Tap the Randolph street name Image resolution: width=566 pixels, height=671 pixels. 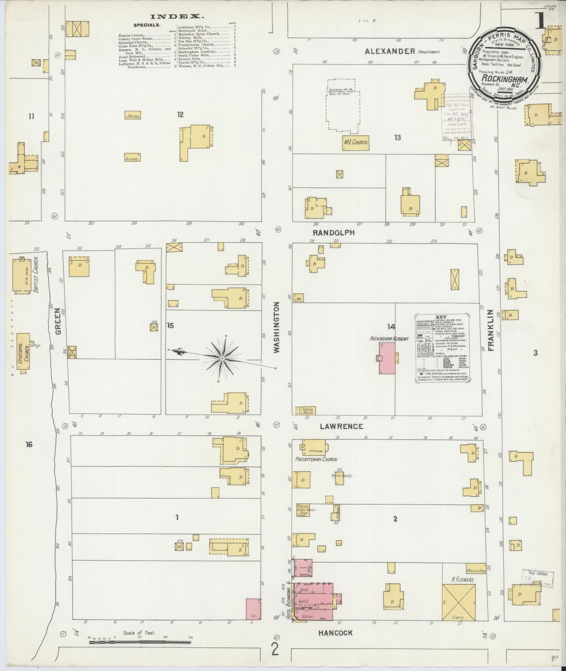[x=334, y=233]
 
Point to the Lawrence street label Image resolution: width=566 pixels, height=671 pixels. [x=341, y=427]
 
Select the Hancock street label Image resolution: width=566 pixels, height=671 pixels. [x=335, y=633]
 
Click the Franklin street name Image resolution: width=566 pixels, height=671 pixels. [x=491, y=330]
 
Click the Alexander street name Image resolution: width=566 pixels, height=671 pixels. [x=390, y=51]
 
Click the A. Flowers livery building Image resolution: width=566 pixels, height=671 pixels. [x=459, y=602]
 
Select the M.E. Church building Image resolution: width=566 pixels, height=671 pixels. [x=356, y=143]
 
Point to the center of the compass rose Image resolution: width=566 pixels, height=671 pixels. [x=222, y=358]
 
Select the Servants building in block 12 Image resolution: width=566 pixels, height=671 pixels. [x=133, y=158]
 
